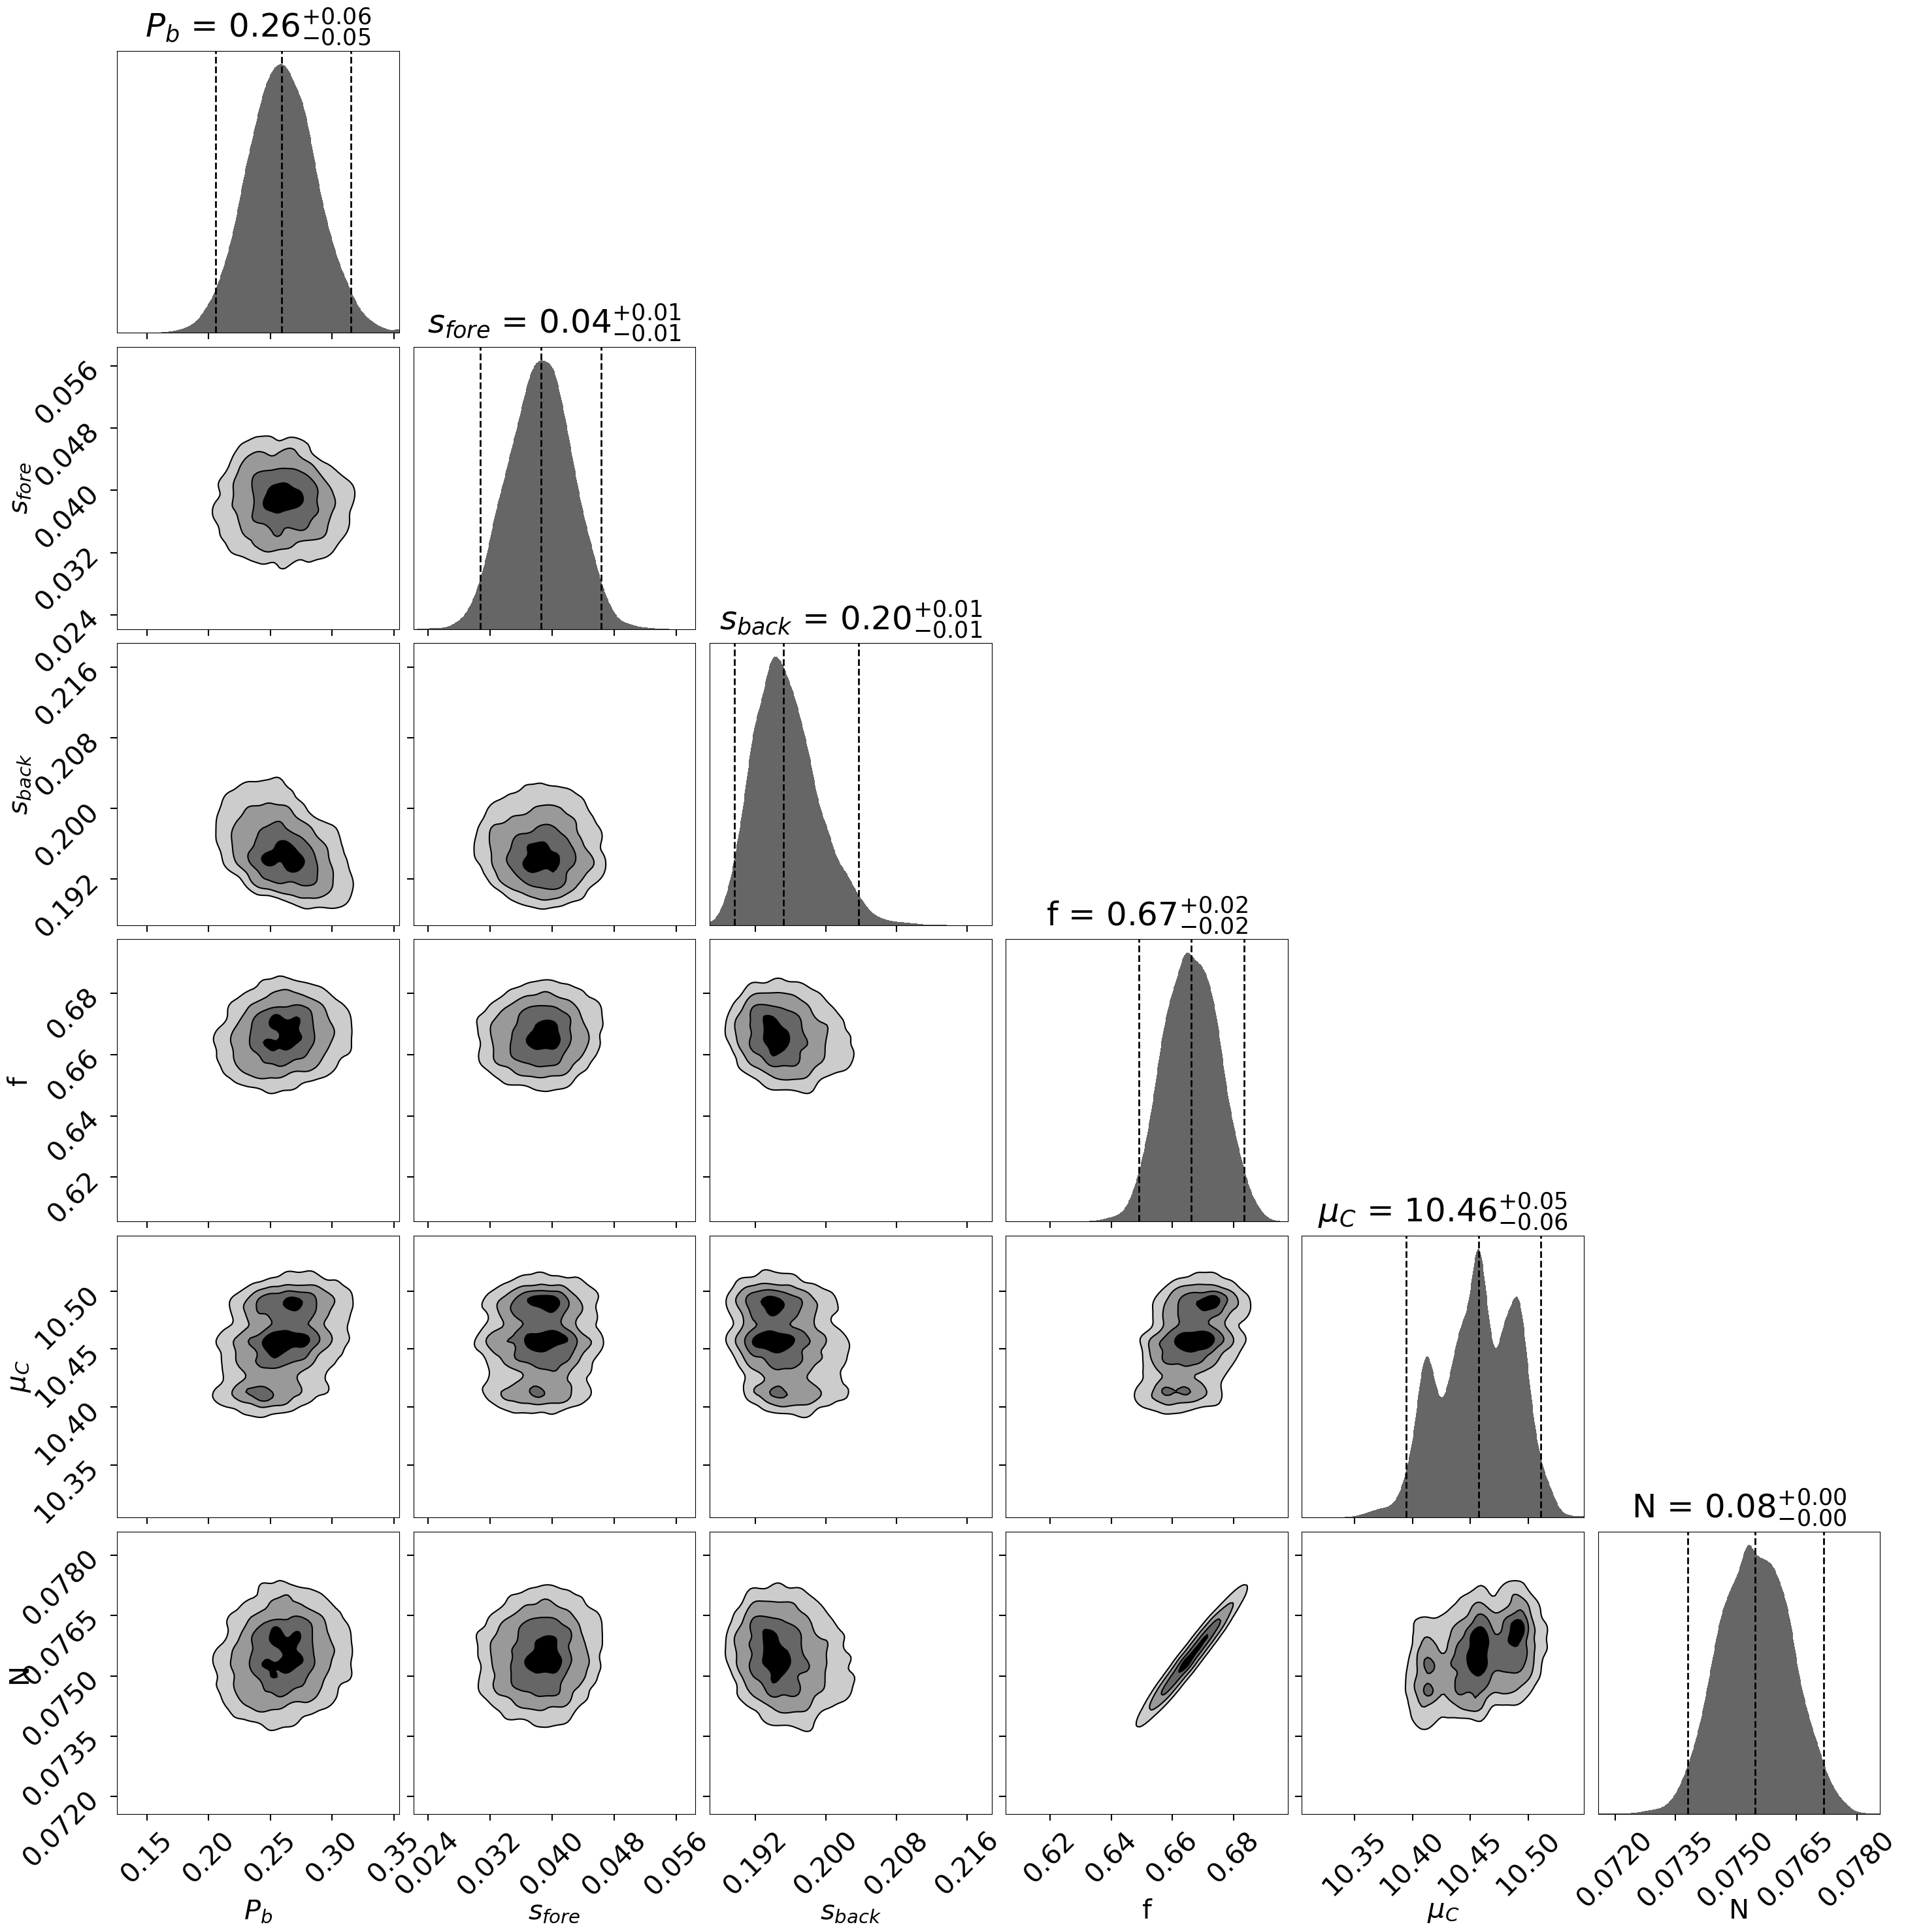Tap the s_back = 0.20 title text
[x=851, y=619]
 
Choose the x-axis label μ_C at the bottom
[x=1442, y=1912]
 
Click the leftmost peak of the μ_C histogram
[x=1426, y=1359]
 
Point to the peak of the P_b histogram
[x=281, y=66]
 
